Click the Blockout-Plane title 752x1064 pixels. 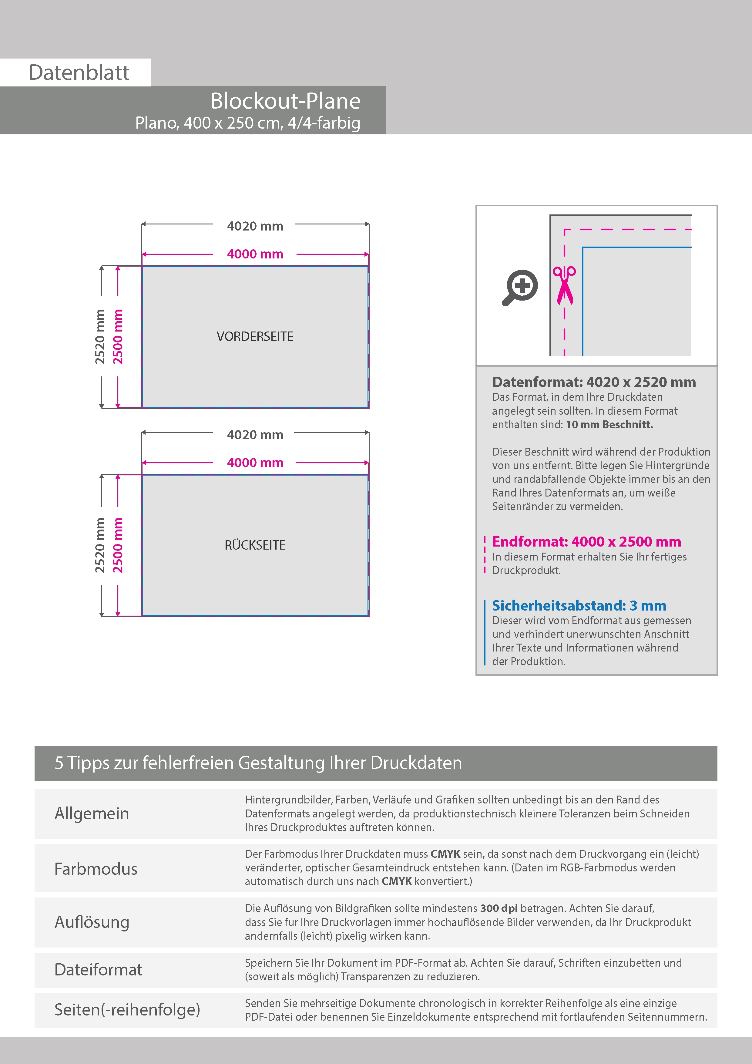click(x=285, y=101)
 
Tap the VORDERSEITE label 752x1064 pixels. click(x=255, y=336)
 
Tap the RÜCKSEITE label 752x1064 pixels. click(x=255, y=545)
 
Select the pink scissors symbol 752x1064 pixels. click(x=564, y=285)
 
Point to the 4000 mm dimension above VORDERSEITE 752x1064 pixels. click(x=255, y=254)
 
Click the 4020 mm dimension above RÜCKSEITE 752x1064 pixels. click(x=255, y=435)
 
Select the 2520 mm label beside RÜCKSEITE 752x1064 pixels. click(x=100, y=545)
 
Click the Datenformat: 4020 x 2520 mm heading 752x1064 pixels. click(x=593, y=382)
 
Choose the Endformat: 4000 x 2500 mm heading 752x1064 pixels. click(x=586, y=541)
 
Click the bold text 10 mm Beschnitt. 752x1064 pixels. click(x=609, y=425)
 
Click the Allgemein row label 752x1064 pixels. click(x=92, y=813)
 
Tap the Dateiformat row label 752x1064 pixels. click(x=98, y=969)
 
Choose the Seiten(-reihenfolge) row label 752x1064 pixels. click(x=127, y=1009)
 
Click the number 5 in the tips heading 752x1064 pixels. click(x=59, y=763)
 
